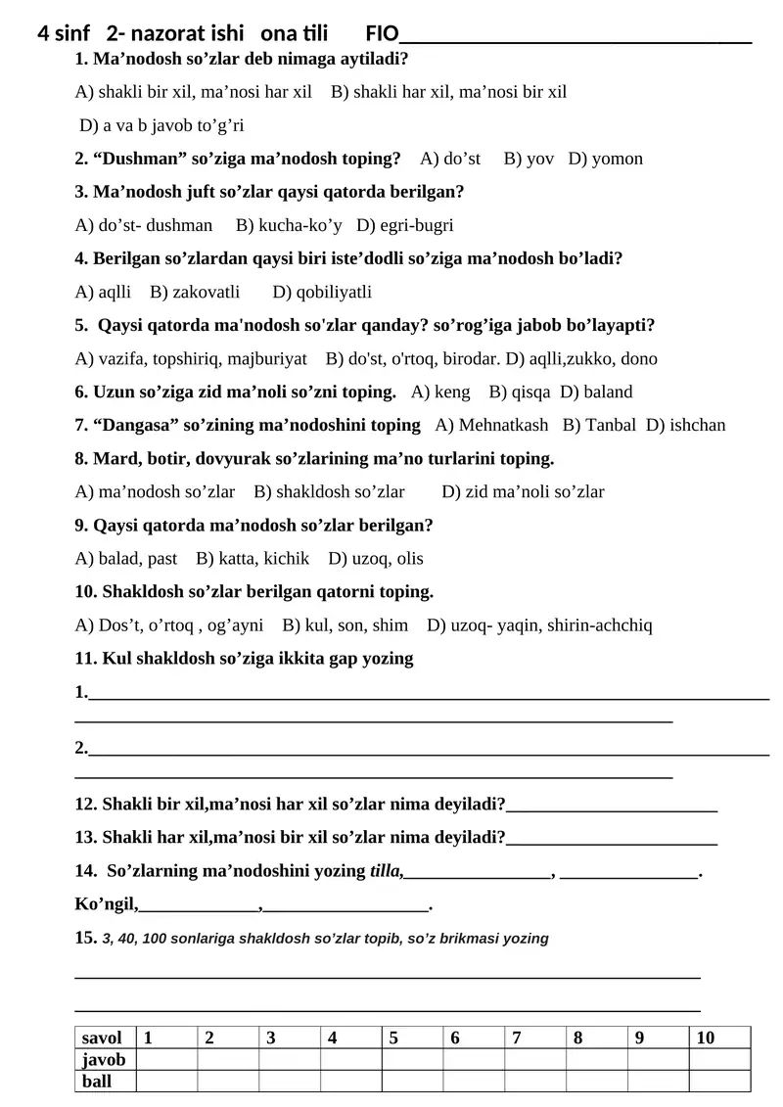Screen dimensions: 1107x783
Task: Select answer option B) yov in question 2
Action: point(529,159)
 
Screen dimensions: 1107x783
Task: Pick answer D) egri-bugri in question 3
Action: point(405,225)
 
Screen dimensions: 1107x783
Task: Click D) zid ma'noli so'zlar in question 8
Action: point(523,491)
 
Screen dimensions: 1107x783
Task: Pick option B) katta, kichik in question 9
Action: point(253,558)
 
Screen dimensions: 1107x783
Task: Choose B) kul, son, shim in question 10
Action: point(345,624)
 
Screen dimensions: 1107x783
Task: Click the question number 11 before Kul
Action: point(86,658)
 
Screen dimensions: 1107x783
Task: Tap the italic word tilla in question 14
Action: point(386,870)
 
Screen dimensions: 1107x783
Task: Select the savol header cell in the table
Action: point(103,1038)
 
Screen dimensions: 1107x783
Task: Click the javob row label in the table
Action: point(104,1060)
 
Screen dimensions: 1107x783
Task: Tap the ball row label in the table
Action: point(97,1082)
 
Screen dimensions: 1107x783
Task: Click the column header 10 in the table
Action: point(706,1038)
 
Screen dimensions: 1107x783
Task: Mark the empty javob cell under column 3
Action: point(290,1060)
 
